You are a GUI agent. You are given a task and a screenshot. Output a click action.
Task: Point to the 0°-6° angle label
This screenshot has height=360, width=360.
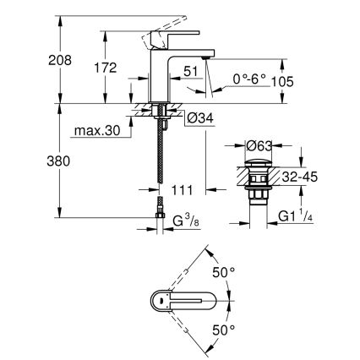pyautogui.click(x=250, y=79)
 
